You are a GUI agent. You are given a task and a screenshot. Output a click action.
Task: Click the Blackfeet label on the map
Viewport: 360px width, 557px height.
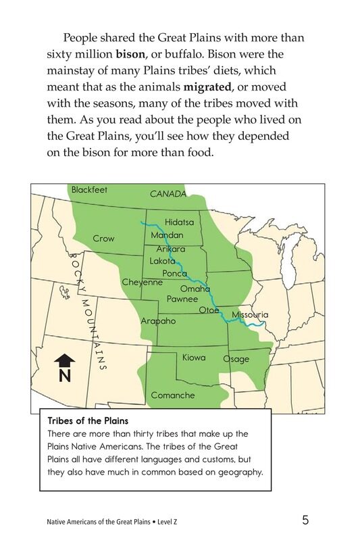[x=89, y=190]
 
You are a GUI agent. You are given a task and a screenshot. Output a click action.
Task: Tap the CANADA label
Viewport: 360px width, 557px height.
[x=168, y=194]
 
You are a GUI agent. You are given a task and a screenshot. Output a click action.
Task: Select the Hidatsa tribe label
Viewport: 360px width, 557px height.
[x=179, y=222]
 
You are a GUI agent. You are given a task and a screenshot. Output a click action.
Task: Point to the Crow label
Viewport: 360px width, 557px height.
[x=103, y=239]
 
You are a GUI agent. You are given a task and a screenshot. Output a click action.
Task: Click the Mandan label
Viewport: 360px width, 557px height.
[x=167, y=235]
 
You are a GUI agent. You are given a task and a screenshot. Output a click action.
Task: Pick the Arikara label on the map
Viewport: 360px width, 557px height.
[x=170, y=249]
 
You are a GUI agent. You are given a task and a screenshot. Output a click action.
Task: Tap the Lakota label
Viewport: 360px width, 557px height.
[x=161, y=261]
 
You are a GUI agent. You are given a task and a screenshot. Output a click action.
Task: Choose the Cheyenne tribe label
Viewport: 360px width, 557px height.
[x=142, y=282]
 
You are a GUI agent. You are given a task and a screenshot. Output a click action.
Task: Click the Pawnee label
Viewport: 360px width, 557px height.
[x=182, y=298]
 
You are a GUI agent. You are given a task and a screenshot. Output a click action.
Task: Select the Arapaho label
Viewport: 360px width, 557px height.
[x=157, y=321]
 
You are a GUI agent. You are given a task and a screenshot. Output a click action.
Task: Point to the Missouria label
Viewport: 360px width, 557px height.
[x=250, y=315]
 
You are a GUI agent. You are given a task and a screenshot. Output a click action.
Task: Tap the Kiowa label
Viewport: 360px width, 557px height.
[x=194, y=357]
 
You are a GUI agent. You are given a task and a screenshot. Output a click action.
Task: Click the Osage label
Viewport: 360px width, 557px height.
[x=236, y=359]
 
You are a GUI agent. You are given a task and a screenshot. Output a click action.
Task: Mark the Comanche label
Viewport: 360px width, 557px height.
[x=172, y=395]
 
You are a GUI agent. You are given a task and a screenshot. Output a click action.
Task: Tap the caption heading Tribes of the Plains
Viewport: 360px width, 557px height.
[x=88, y=421]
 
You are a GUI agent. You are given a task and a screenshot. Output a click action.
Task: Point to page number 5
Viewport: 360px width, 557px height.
[x=305, y=520]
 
